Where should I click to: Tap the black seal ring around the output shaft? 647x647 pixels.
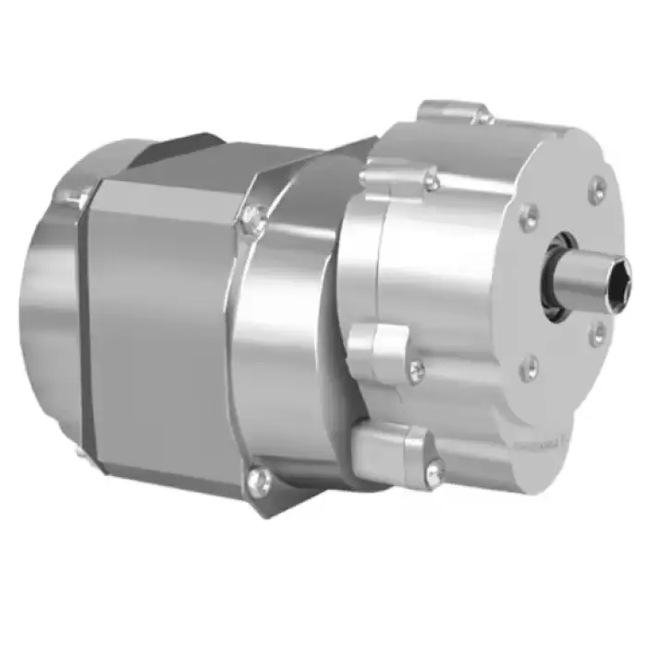[x=558, y=278]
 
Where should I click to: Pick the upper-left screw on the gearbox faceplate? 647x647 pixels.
[x=529, y=218]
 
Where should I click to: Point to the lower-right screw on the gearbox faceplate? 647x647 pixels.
[x=598, y=333]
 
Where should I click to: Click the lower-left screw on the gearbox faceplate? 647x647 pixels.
[x=529, y=370]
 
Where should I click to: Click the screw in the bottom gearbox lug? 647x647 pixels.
[x=435, y=470]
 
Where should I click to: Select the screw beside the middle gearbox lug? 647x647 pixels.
[x=417, y=372]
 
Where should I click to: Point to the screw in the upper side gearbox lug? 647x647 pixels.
[x=430, y=181]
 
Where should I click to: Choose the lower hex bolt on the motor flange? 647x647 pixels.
[x=260, y=478]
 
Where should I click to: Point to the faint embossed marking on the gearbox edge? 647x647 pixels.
[x=555, y=442]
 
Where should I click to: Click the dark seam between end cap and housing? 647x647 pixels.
[x=90, y=323]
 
